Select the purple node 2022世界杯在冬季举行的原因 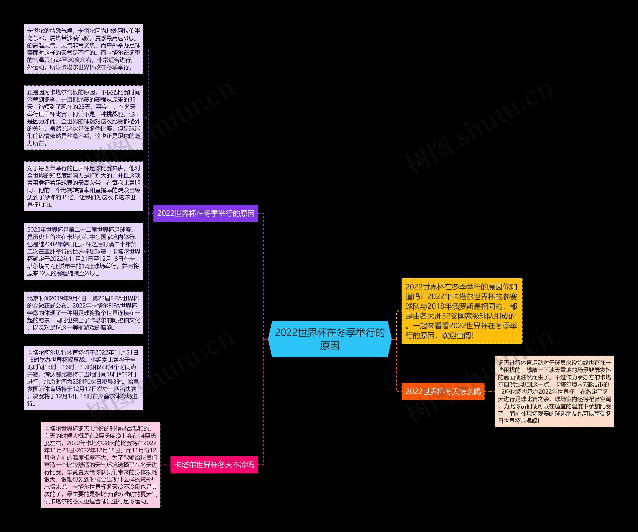tap(206, 213)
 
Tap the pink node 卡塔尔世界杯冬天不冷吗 tap(214, 464)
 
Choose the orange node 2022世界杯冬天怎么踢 tap(443, 391)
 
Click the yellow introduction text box tap(462, 311)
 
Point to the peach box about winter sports tap(554, 391)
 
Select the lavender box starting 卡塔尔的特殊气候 tap(83, 49)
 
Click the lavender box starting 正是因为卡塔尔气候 tap(83, 118)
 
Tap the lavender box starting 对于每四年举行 tap(83, 186)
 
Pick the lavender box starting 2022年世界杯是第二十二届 tap(83, 251)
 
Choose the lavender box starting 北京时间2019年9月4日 tap(83, 313)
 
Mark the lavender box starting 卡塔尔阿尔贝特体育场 tap(83, 378)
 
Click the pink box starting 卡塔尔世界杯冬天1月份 tap(101, 464)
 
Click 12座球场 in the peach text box tap(510, 392)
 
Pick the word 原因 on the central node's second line tap(330, 346)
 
